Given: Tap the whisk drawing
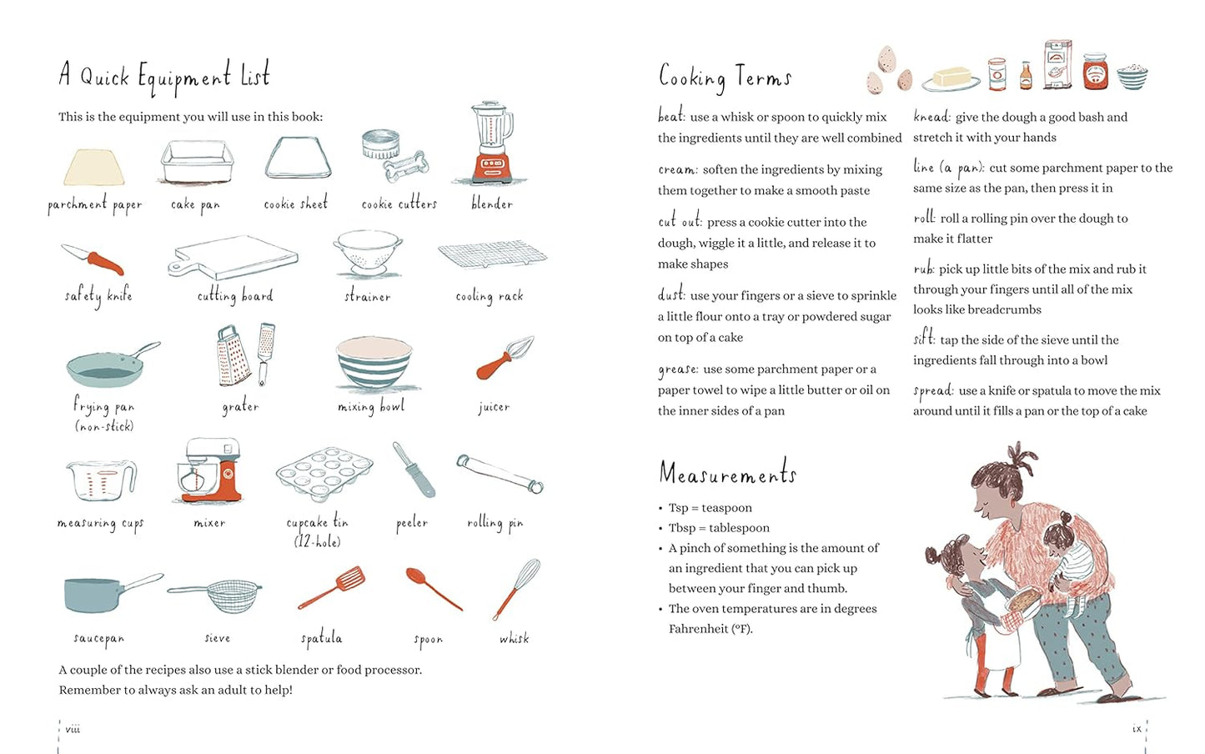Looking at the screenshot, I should click(x=517, y=589).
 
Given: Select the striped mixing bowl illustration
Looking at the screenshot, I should click(x=374, y=362).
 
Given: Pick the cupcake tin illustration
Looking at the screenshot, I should click(x=324, y=473).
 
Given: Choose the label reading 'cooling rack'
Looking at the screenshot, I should click(x=490, y=296).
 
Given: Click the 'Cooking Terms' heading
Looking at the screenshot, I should click(x=724, y=77).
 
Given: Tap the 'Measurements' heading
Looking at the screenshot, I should click(x=727, y=474).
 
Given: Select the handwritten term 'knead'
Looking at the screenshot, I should click(x=931, y=117).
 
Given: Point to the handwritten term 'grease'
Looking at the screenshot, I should click(x=678, y=369).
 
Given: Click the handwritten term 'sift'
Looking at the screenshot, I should click(x=923, y=339).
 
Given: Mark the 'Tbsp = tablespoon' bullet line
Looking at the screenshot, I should click(x=719, y=528).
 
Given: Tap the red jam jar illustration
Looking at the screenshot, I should click(x=1095, y=71).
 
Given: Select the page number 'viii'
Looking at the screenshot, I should click(x=73, y=729).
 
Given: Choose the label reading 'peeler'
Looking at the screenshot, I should click(x=412, y=523).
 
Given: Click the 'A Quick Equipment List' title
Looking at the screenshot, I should click(x=164, y=76).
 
